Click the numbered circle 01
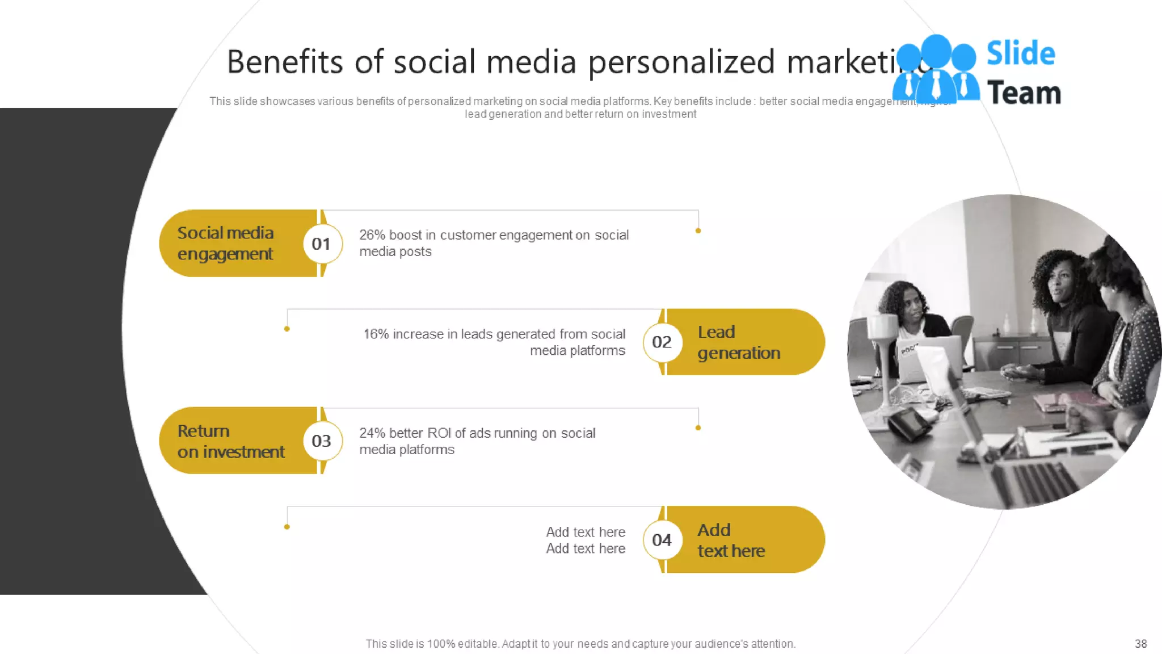322,244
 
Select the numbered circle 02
662,342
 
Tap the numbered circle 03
322,441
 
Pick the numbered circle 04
662,540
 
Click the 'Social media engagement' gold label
226,244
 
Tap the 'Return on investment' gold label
230,441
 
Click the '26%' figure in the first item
372,235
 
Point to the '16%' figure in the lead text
376,334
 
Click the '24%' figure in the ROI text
372,433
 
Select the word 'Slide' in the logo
1020,54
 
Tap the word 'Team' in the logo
1024,93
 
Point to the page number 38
1140,644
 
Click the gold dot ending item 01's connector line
698,231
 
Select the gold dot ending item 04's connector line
287,527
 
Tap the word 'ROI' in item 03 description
439,433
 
